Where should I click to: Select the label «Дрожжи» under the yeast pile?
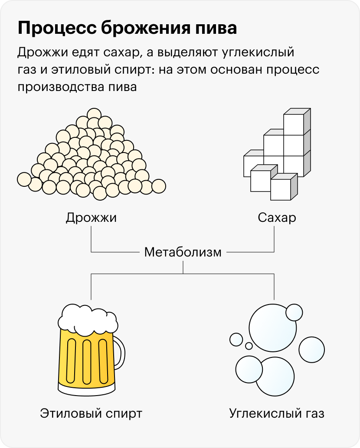[x=91, y=217]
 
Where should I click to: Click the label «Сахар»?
[x=277, y=217]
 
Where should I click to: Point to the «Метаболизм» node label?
[x=183, y=252]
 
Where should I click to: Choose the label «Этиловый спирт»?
[x=91, y=413]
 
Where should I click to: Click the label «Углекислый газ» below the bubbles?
[x=277, y=413]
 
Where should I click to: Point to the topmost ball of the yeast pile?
[x=94, y=114]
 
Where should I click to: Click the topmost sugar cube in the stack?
[x=294, y=123]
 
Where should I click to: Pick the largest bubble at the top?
[x=272, y=328]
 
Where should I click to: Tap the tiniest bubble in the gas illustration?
[x=249, y=346]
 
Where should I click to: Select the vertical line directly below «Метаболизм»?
[x=183, y=266]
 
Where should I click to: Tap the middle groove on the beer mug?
[x=86, y=360]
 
